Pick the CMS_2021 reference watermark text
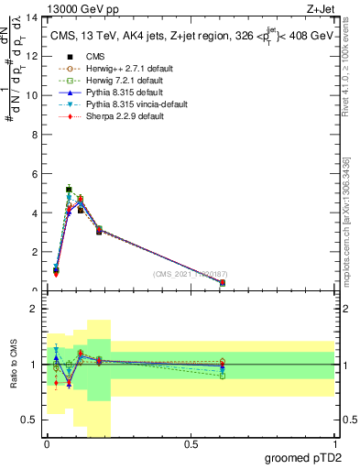pos(190,274)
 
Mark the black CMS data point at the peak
pos(69,190)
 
